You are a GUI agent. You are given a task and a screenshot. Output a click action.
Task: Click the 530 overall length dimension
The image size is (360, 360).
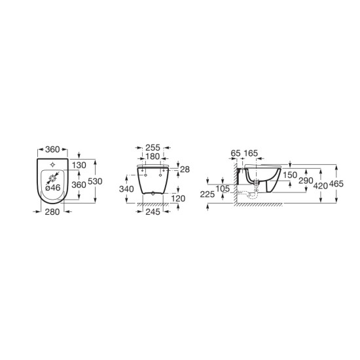(95, 181)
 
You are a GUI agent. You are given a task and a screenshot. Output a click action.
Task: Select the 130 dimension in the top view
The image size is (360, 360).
(79, 165)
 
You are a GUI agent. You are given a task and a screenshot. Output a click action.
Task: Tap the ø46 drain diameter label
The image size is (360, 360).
(53, 188)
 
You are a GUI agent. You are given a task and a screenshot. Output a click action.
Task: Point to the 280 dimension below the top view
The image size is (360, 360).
(52, 212)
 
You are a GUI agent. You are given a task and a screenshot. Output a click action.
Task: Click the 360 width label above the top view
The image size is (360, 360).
(52, 149)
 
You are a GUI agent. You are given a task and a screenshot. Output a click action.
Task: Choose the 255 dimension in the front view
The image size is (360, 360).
(153, 148)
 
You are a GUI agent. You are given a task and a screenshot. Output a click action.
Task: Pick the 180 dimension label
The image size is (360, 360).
(153, 156)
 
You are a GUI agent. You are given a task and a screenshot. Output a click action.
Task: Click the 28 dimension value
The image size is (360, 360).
(185, 170)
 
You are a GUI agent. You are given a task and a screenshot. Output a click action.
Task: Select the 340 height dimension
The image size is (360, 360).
(126, 189)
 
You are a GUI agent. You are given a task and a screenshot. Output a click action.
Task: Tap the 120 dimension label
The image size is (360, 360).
(178, 198)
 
